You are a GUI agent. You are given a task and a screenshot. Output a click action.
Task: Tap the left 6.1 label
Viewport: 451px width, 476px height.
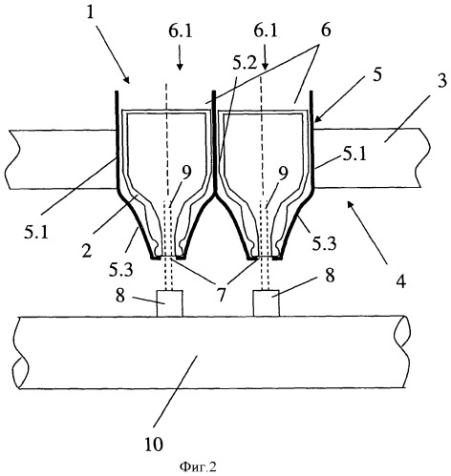[x=181, y=31]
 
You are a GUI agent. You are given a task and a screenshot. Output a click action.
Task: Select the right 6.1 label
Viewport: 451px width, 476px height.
[x=266, y=31]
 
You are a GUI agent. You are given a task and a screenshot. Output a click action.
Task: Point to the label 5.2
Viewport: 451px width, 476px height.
[x=245, y=65]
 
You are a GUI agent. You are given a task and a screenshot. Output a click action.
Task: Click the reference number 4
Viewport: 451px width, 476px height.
[x=401, y=280]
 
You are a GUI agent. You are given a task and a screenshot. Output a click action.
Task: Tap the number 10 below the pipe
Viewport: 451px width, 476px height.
[x=154, y=444]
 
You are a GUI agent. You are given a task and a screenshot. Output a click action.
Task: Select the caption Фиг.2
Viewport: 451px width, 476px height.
[x=198, y=466]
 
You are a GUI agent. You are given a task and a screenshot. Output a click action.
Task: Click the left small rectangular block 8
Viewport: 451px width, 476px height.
[x=170, y=303]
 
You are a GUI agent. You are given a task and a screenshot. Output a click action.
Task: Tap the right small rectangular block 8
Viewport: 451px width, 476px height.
[x=267, y=303]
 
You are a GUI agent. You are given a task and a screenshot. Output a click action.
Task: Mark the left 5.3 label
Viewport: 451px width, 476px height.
[x=120, y=270]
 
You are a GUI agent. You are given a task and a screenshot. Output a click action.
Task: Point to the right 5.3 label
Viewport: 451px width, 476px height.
[x=324, y=243]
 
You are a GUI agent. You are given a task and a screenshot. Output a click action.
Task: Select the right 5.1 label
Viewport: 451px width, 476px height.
[x=354, y=155]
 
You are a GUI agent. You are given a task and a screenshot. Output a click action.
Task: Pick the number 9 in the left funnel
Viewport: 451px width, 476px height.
[x=186, y=173]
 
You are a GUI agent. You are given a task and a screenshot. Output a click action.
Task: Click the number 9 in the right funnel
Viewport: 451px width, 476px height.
[x=283, y=173]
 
